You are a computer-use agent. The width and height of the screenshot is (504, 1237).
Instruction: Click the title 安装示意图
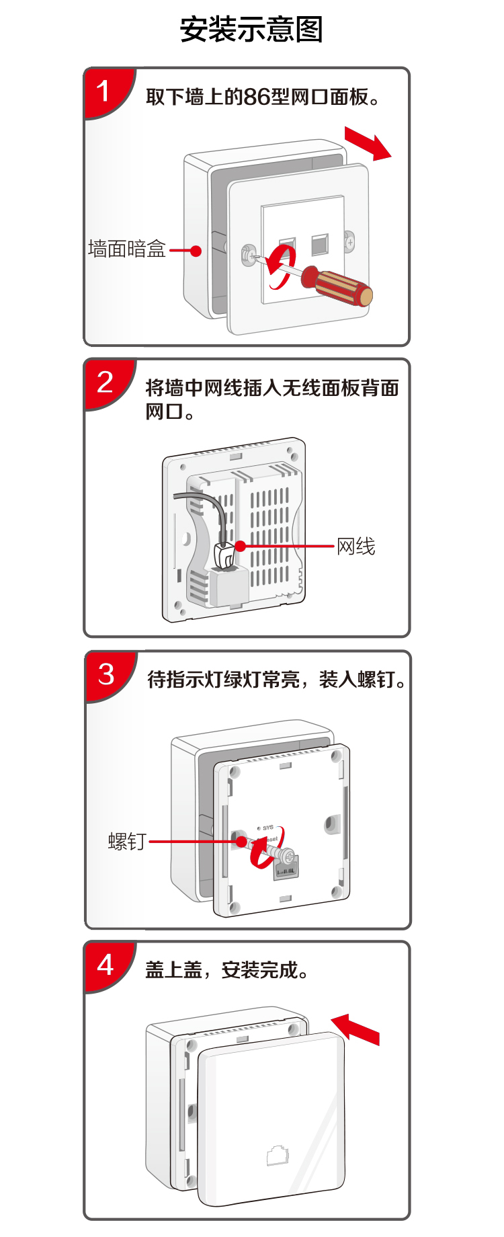(251, 30)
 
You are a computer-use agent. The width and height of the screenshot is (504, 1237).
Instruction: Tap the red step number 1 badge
(104, 91)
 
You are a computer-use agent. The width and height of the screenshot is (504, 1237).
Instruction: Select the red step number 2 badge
(105, 383)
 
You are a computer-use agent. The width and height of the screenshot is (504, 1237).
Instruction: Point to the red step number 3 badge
(106, 674)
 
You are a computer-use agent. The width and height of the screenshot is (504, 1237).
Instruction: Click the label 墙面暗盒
(126, 249)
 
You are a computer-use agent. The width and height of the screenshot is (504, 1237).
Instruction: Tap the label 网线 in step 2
(356, 547)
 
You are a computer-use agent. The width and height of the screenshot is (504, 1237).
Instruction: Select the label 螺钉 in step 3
(127, 842)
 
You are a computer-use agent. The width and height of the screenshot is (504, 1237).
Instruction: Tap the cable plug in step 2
(224, 555)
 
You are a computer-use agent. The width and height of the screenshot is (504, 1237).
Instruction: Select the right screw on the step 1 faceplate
(349, 241)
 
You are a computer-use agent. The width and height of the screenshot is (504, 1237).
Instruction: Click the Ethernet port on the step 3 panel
(286, 869)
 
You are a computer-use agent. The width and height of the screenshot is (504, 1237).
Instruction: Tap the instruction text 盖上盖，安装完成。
(227, 970)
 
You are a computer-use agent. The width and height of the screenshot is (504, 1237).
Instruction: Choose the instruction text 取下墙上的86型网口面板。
(263, 97)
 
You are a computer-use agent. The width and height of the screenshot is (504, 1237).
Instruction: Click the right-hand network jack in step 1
(320, 243)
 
